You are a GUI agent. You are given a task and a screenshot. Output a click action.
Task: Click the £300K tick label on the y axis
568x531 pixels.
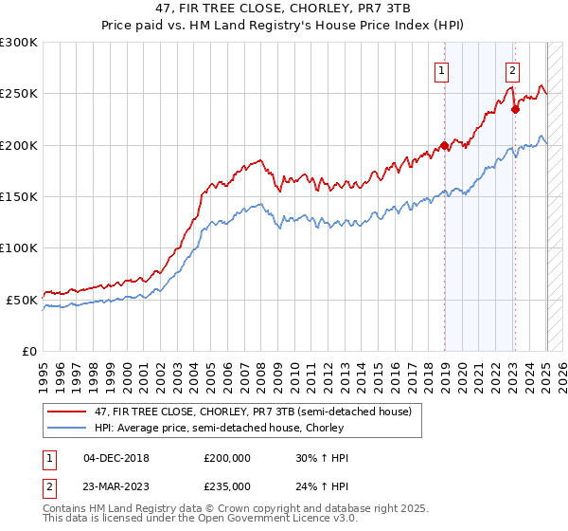point(19,43)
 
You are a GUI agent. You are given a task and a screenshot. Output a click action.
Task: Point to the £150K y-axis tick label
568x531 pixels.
point(19,197)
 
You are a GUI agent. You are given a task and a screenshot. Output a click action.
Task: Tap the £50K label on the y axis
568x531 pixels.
point(22,300)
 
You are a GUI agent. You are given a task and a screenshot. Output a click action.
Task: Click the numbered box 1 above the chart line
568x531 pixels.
point(442,68)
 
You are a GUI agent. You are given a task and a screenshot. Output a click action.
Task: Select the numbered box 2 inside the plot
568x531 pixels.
point(512,68)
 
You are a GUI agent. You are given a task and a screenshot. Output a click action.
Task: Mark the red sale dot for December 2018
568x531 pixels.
point(444,146)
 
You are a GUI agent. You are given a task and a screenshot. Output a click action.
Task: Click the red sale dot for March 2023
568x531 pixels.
point(515,109)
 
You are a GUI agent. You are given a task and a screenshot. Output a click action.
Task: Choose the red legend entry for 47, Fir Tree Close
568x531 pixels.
point(251,412)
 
